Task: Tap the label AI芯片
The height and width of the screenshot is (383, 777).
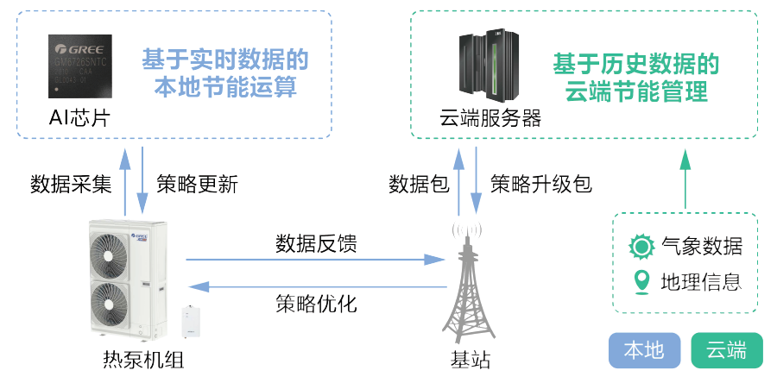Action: (79, 117)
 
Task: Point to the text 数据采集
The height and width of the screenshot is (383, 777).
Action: (71, 184)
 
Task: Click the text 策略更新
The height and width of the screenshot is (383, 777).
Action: (197, 184)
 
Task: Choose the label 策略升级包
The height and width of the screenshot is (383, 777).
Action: (541, 184)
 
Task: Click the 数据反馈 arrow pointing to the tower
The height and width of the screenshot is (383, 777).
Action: (311, 258)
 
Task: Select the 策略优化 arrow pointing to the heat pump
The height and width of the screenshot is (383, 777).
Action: (311, 286)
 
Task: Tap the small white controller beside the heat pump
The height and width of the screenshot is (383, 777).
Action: (190, 321)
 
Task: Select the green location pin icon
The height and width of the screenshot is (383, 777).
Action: (641, 281)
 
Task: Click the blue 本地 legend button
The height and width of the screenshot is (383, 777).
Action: (644, 350)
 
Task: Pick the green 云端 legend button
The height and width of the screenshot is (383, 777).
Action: (727, 350)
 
